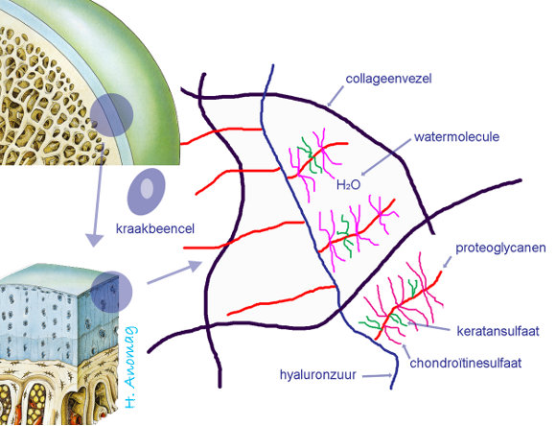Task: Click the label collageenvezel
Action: [388, 79]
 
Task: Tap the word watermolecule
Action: [456, 137]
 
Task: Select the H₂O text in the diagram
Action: [348, 184]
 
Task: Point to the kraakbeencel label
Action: [155, 228]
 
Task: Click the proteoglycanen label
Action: [500, 248]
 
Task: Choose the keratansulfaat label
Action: [498, 331]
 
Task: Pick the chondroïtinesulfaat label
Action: [466, 364]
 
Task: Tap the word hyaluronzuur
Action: [318, 375]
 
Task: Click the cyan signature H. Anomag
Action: [130, 367]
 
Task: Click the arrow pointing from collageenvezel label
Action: [336, 96]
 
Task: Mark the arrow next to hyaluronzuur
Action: [378, 375]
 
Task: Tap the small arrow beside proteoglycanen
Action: [447, 262]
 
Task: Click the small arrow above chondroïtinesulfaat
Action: [406, 351]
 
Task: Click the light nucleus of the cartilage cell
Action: [147, 188]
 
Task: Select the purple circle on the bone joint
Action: [112, 115]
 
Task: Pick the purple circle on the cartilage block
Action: [111, 292]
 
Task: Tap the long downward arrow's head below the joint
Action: [94, 240]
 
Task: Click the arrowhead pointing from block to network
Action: [195, 265]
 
